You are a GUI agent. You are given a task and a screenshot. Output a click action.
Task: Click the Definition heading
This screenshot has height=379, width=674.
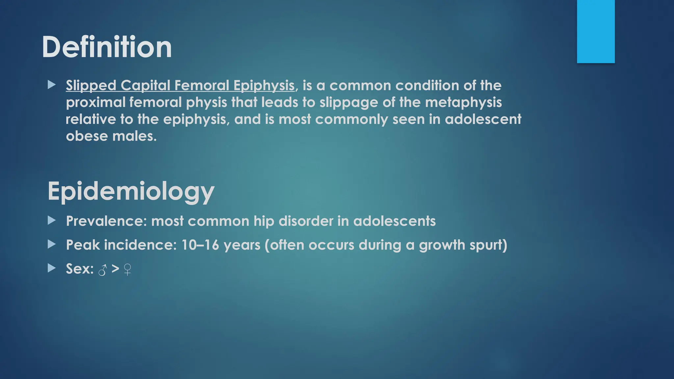[107, 47]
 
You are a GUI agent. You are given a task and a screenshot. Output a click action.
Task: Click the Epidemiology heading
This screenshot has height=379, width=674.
[131, 191]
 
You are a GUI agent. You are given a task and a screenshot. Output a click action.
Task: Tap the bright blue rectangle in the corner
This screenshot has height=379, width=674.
[596, 31]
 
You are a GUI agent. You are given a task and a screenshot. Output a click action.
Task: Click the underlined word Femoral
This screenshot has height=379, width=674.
[202, 86]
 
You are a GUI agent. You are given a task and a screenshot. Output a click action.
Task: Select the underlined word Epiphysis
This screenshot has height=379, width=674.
[264, 86]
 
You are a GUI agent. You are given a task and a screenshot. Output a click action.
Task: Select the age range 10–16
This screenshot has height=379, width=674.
[200, 245]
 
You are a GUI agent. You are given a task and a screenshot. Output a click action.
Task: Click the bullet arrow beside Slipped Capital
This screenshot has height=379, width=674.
[52, 85]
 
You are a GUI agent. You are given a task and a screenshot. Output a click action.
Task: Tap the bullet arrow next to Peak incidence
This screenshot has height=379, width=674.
[52, 244]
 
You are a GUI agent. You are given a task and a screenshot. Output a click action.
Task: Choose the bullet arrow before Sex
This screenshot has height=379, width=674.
[52, 268]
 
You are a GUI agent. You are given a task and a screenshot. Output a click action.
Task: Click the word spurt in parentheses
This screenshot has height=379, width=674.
[488, 245]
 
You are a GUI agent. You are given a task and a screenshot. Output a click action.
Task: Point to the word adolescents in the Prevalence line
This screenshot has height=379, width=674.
[394, 221]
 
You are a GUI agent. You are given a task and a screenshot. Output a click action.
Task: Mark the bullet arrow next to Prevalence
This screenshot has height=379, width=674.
[52, 220]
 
